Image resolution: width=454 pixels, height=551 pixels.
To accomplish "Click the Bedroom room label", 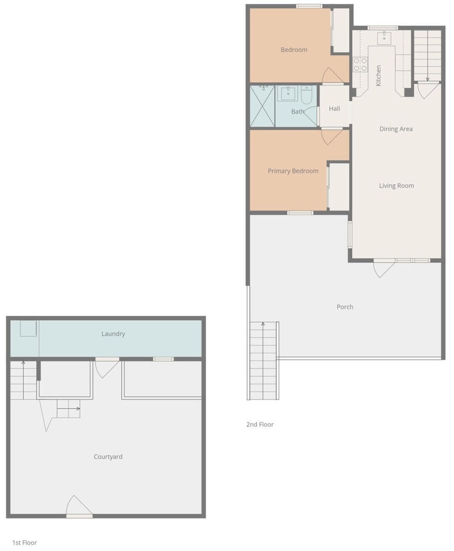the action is [294, 50].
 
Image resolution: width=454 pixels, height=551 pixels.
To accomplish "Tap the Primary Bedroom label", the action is [293, 171].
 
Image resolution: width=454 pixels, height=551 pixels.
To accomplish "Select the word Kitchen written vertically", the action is [378, 75].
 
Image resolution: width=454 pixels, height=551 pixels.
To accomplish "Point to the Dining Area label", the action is [396, 129].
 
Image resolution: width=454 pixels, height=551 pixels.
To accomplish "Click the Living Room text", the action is [396, 186].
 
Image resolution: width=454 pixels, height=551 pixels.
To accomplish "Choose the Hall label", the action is [334, 109].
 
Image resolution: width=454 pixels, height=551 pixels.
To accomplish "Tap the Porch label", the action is [345, 307].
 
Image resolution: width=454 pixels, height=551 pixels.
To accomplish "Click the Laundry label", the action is [113, 334].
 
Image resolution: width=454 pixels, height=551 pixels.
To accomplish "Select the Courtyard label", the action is [108, 457].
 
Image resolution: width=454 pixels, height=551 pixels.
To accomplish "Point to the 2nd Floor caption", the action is [260, 424].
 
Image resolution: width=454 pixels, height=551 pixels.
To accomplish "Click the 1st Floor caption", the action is [24, 543].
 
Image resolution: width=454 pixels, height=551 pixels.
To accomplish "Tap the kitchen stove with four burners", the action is [360, 64].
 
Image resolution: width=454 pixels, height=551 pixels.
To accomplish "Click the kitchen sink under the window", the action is [384, 38].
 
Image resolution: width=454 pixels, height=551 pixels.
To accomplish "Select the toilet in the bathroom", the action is [306, 95].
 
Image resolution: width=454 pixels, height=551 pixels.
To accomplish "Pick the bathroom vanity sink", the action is [288, 94].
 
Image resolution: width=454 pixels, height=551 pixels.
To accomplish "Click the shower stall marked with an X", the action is [262, 106].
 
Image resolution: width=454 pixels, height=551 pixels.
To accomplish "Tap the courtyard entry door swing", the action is [78, 506].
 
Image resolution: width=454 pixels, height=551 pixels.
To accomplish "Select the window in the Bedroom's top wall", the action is [309, 6].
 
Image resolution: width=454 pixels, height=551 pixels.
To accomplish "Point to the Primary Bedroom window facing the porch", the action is [300, 213].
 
